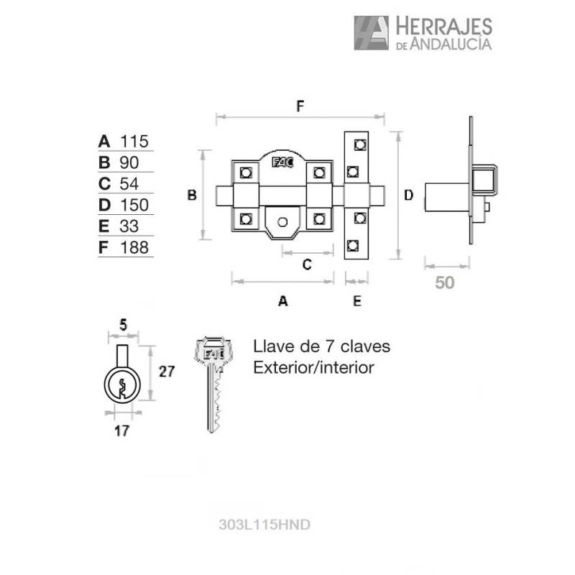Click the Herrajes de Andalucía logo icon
(371, 33)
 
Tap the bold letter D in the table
(105, 206)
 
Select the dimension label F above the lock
(300, 106)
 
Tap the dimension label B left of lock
(192, 195)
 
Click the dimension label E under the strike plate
(357, 302)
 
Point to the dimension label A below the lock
(282, 302)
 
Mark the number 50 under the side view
(445, 282)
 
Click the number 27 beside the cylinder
(167, 372)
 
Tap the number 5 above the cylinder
(123, 326)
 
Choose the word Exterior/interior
(313, 368)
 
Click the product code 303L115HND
(263, 525)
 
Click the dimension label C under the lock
(305, 264)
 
